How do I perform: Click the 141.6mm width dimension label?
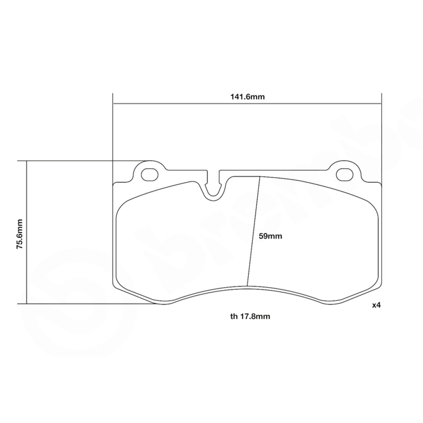click(x=247, y=96)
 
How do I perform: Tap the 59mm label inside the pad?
click(x=270, y=236)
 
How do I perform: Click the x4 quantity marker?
click(x=376, y=305)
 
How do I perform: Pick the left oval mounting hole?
click(x=148, y=174)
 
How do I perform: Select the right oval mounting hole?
click(x=345, y=174)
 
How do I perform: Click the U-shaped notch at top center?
click(x=215, y=188)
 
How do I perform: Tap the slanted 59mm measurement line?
click(x=253, y=231)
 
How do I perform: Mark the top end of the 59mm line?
click(x=260, y=176)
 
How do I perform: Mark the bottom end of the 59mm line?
click(x=247, y=286)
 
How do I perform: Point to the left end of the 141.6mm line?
click(x=113, y=103)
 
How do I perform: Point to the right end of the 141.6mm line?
click(x=382, y=103)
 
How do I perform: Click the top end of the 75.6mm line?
click(x=27, y=161)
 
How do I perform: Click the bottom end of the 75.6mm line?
click(x=27, y=304)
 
